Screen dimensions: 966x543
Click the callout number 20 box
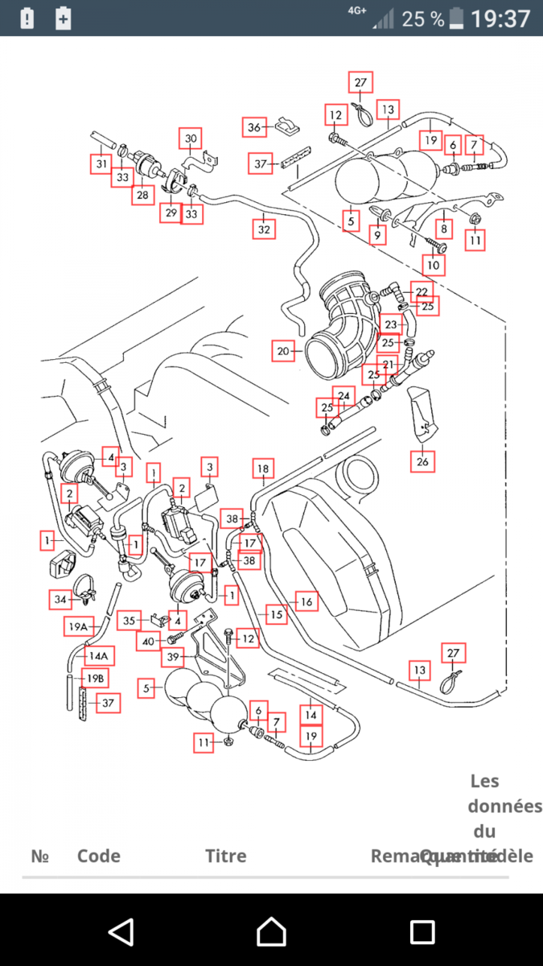pyautogui.click(x=282, y=351)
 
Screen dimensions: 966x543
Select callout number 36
pyautogui.click(x=254, y=127)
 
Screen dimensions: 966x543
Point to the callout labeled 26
pyautogui.click(x=422, y=460)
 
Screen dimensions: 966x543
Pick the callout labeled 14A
pyautogui.click(x=99, y=655)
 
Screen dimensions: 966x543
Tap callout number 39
pyautogui.click(x=173, y=658)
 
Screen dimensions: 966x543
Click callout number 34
pyautogui.click(x=61, y=599)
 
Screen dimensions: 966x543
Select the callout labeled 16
pyautogui.click(x=306, y=601)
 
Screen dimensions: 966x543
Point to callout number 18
pyautogui.click(x=262, y=469)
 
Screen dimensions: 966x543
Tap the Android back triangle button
pyautogui.click(x=121, y=932)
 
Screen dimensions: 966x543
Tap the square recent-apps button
pyautogui.click(x=422, y=932)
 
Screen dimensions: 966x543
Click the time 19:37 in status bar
pyautogui.click(x=500, y=19)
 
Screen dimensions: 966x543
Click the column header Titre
pyautogui.click(x=226, y=856)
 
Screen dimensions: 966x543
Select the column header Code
pyautogui.click(x=99, y=856)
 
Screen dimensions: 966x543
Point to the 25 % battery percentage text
pyautogui.click(x=423, y=19)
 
